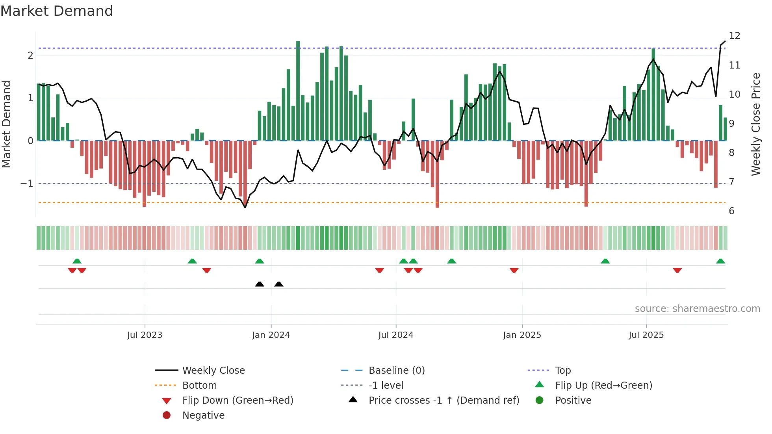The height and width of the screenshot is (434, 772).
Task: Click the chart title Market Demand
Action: click(x=57, y=11)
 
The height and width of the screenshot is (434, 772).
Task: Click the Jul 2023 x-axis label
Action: click(x=145, y=335)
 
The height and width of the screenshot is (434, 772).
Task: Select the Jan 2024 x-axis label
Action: click(x=271, y=335)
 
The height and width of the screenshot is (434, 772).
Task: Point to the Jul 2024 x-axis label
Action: click(x=396, y=335)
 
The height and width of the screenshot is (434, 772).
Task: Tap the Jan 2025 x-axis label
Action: click(x=522, y=335)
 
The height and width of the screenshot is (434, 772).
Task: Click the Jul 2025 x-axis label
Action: click(x=646, y=335)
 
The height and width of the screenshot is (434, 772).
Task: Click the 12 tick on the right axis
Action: click(x=735, y=36)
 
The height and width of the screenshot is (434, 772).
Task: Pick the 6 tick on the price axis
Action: click(x=731, y=211)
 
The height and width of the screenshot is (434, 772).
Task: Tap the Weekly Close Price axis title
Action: click(x=755, y=124)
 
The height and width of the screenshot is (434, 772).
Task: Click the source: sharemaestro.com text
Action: click(x=697, y=309)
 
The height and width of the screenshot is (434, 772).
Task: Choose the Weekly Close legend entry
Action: click(x=213, y=371)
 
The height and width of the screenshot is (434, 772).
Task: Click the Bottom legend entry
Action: click(x=199, y=386)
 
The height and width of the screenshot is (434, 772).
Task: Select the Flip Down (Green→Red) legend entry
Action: click(x=238, y=401)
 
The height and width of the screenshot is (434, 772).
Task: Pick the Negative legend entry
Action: click(x=203, y=415)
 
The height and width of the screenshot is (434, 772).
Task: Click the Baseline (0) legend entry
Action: click(x=396, y=371)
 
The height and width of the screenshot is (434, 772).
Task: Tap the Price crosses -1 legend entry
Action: click(x=444, y=401)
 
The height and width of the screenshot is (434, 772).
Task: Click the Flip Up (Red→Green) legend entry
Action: click(x=603, y=386)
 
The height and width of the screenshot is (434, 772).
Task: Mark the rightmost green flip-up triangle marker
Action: click(x=720, y=261)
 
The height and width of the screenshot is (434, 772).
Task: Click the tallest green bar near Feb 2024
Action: click(x=298, y=91)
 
